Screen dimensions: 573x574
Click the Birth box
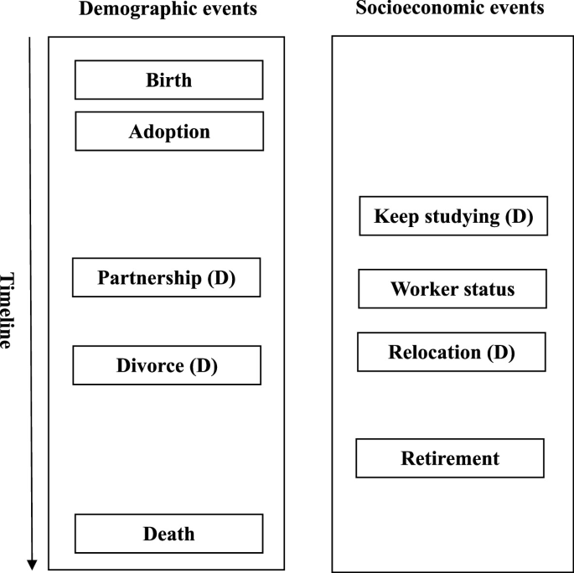tap(168, 80)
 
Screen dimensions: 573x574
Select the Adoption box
tap(169, 132)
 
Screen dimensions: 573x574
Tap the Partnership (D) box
tap(166, 278)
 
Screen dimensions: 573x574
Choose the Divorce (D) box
tap(166, 365)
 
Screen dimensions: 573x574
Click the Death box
tap(168, 534)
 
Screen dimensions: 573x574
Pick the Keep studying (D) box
tap(452, 216)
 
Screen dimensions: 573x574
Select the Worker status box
tap(452, 289)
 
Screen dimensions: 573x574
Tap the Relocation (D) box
tap(451, 352)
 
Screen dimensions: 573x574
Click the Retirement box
tap(450, 458)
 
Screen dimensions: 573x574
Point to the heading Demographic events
tap(168, 10)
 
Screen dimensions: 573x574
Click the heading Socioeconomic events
tap(449, 9)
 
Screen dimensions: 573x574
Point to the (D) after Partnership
tap(221, 278)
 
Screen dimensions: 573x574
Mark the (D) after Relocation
tap(499, 352)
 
